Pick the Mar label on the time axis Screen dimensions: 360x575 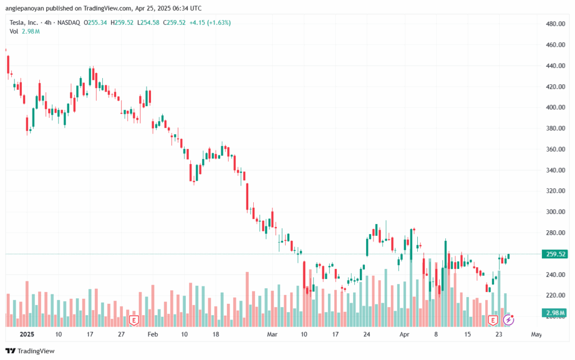pos(273,334)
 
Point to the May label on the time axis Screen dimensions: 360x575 pos(536,334)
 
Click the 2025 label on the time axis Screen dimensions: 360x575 pos(27,334)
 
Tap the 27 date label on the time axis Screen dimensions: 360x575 pos(122,334)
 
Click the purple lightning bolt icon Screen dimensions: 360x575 pos(509,320)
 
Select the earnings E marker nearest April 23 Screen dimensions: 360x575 pos(493,320)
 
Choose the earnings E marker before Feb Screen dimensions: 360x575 pos(134,320)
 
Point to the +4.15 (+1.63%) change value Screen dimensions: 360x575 pos(211,22)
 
